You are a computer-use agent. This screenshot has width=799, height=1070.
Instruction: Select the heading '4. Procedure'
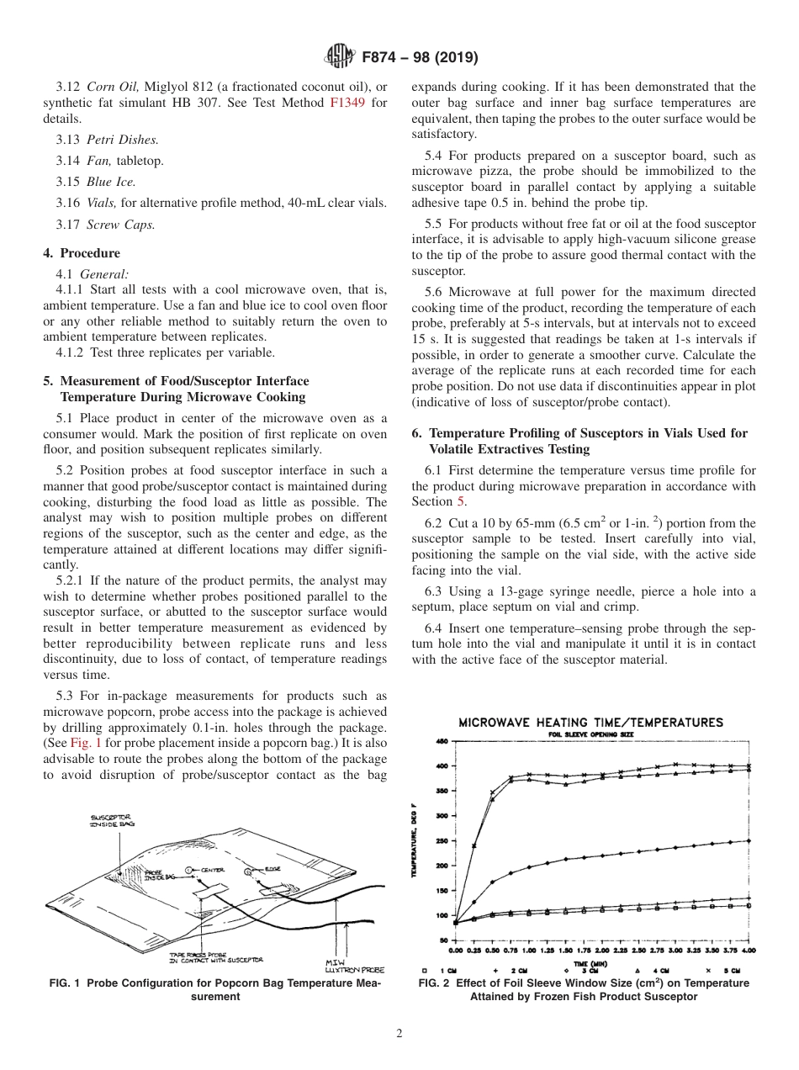click(x=82, y=253)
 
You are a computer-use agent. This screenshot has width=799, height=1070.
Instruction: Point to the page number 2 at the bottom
click(x=399, y=1034)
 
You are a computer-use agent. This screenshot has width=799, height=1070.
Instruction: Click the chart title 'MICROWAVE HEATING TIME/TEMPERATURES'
click(x=590, y=723)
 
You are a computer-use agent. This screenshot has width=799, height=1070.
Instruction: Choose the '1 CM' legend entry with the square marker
click(x=446, y=969)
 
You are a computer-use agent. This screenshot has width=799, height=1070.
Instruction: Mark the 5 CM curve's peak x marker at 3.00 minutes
click(x=675, y=765)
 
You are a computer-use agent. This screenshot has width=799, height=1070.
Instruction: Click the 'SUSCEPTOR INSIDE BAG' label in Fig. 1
click(x=109, y=820)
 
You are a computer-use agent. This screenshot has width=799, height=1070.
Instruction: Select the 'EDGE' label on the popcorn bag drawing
click(x=273, y=867)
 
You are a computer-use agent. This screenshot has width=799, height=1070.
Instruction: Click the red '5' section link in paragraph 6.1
click(x=460, y=501)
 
